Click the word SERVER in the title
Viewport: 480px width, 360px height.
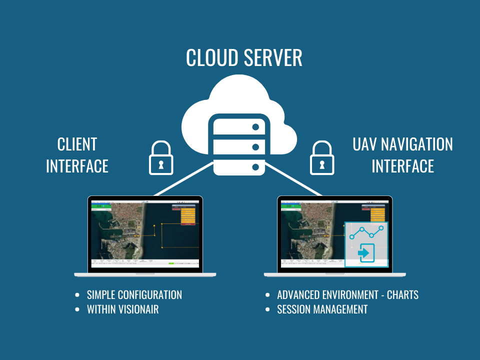point(273,58)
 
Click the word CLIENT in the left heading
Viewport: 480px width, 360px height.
point(77,144)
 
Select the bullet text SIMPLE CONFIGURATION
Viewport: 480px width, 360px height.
point(134,295)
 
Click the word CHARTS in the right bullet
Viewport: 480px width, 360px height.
point(402,295)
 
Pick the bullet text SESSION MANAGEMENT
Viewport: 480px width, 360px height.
point(322,309)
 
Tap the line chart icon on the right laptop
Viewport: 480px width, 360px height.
point(366,233)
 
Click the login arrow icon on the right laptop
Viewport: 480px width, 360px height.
point(364,253)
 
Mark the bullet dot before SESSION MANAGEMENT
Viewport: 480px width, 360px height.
point(267,309)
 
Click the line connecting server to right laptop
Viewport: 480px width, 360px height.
point(295,179)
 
